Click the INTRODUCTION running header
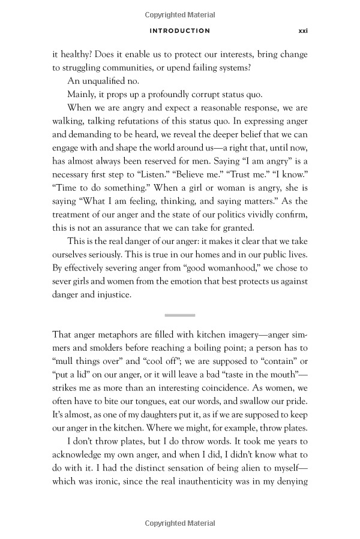click(x=180, y=31)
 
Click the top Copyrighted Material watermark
click(x=180, y=15)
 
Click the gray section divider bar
click(x=180, y=315)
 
